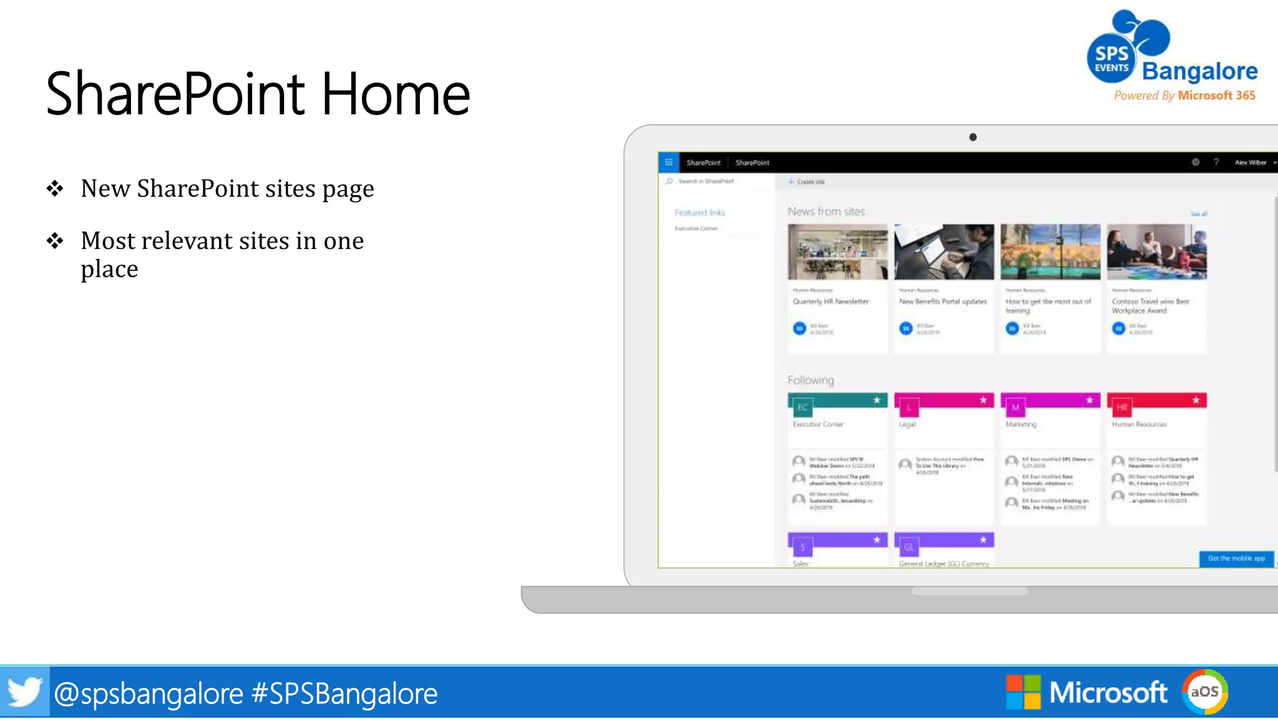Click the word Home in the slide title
click(396, 94)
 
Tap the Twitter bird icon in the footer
click(24, 692)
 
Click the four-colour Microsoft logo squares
click(1023, 692)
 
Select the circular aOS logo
click(1204, 692)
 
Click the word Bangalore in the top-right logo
click(1199, 71)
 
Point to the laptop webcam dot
click(973, 137)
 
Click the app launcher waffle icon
click(668, 162)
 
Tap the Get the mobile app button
click(1236, 559)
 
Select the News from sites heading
click(826, 212)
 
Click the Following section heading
click(811, 380)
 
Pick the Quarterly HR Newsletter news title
click(831, 301)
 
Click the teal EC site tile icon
click(802, 408)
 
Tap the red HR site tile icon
click(1121, 408)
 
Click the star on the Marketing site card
click(1090, 400)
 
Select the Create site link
click(807, 182)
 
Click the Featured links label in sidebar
click(700, 213)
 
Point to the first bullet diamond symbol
click(55, 188)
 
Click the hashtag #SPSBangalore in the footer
click(344, 693)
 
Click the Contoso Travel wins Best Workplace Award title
click(1150, 306)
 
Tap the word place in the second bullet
click(109, 270)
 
